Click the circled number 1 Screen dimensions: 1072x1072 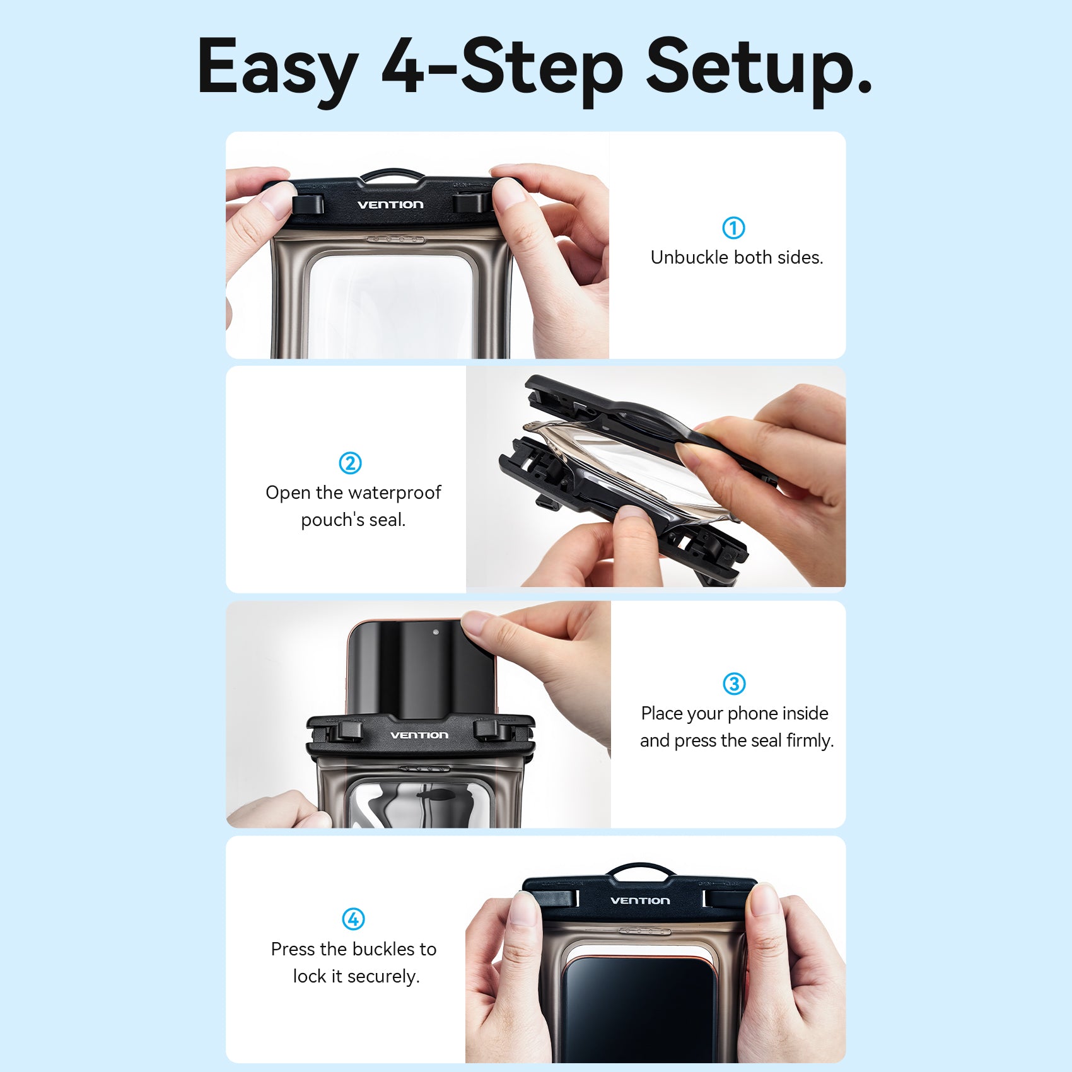coord(733,228)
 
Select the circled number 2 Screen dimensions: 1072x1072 coord(351,463)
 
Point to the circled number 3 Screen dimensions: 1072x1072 coord(734,684)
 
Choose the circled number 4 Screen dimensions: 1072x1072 coord(353,919)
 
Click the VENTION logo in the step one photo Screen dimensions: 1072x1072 coord(390,204)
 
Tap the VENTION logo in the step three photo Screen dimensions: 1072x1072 coord(419,735)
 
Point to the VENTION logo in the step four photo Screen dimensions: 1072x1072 coord(640,900)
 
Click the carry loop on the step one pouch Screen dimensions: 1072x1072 coord(391,172)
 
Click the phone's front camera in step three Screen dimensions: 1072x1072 coord(436,632)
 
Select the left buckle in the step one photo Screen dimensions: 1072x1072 coord(308,204)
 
